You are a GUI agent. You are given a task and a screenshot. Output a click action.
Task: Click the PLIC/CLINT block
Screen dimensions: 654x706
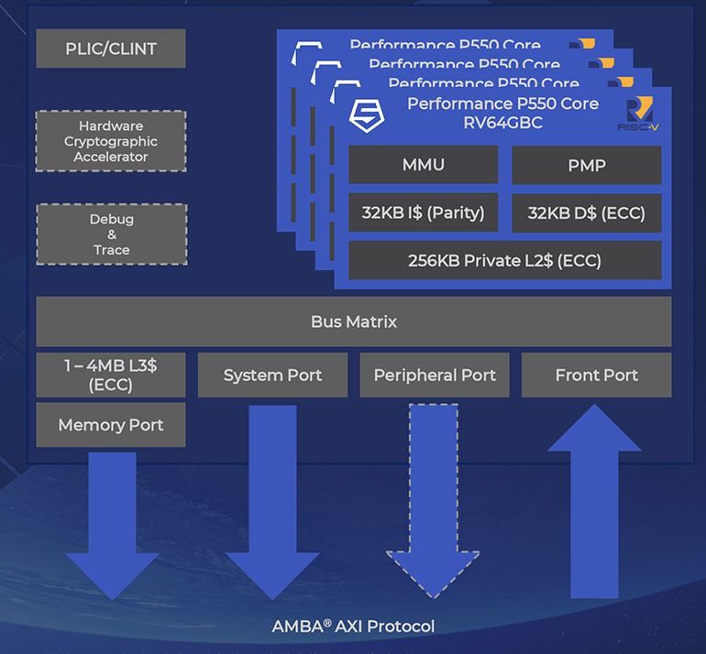[110, 49]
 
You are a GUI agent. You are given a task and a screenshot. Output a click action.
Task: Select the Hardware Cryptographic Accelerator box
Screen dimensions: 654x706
[110, 141]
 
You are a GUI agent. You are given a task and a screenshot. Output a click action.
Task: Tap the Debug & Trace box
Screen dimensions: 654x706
[110, 234]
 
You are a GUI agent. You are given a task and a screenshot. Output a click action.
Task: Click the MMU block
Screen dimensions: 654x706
[423, 165]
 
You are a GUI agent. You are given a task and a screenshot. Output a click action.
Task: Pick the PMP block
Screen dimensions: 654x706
[586, 165]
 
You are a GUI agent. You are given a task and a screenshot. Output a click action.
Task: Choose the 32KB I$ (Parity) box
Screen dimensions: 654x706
[423, 213]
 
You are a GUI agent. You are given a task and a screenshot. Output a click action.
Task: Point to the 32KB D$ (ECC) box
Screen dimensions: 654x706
[586, 213]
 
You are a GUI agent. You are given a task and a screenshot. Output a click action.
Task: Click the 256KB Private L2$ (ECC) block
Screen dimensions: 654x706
[504, 260]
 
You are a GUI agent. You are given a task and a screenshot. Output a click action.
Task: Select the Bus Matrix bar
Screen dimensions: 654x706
[353, 322]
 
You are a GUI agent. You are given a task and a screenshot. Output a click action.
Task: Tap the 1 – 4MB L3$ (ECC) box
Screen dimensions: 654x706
[110, 375]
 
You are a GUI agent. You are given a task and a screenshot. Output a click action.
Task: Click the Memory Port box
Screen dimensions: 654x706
[110, 425]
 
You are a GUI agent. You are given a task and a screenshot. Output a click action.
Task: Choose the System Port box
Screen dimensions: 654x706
[272, 375]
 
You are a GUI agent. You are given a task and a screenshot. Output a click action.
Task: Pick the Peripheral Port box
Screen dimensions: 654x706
[434, 375]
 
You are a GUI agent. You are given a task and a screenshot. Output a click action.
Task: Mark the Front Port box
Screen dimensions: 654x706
[596, 375]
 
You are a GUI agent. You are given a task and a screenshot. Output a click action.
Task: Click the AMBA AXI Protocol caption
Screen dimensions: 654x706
[353, 627]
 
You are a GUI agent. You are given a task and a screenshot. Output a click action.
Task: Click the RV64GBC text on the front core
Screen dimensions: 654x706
[502, 122]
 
